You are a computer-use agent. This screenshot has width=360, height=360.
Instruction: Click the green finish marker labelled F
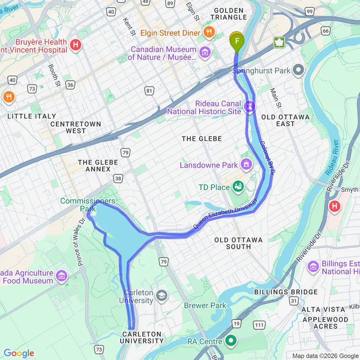click(x=237, y=42)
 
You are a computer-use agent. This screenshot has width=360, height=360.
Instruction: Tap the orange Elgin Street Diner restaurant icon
click(x=209, y=33)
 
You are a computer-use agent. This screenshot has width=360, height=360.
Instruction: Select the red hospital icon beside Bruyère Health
click(x=75, y=46)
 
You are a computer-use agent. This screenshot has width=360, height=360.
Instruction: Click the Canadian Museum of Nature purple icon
click(x=205, y=52)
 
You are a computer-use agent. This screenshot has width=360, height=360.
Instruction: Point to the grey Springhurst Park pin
click(x=298, y=71)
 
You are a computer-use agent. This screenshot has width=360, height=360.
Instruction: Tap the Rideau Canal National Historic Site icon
click(x=249, y=106)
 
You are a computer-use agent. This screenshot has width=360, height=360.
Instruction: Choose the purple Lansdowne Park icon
click(x=247, y=165)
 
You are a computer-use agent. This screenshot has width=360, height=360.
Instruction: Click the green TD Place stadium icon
click(x=238, y=187)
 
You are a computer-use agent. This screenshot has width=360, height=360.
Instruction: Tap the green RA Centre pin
click(x=231, y=341)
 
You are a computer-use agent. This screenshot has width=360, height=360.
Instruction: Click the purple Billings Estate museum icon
click(x=313, y=266)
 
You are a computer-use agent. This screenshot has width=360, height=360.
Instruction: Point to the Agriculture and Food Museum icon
click(x=61, y=276)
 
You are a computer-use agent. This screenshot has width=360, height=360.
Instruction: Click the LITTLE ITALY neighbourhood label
click(x=32, y=116)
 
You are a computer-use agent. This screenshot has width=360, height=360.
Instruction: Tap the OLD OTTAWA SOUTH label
click(x=239, y=243)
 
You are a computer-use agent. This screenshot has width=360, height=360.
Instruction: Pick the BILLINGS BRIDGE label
click(x=286, y=292)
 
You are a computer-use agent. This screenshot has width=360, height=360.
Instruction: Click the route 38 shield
click(x=118, y=179)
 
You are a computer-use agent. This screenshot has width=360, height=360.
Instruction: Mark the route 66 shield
click(x=326, y=31)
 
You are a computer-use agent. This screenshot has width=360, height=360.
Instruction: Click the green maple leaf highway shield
click(x=278, y=42)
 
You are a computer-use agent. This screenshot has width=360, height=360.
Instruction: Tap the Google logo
click(x=19, y=354)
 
